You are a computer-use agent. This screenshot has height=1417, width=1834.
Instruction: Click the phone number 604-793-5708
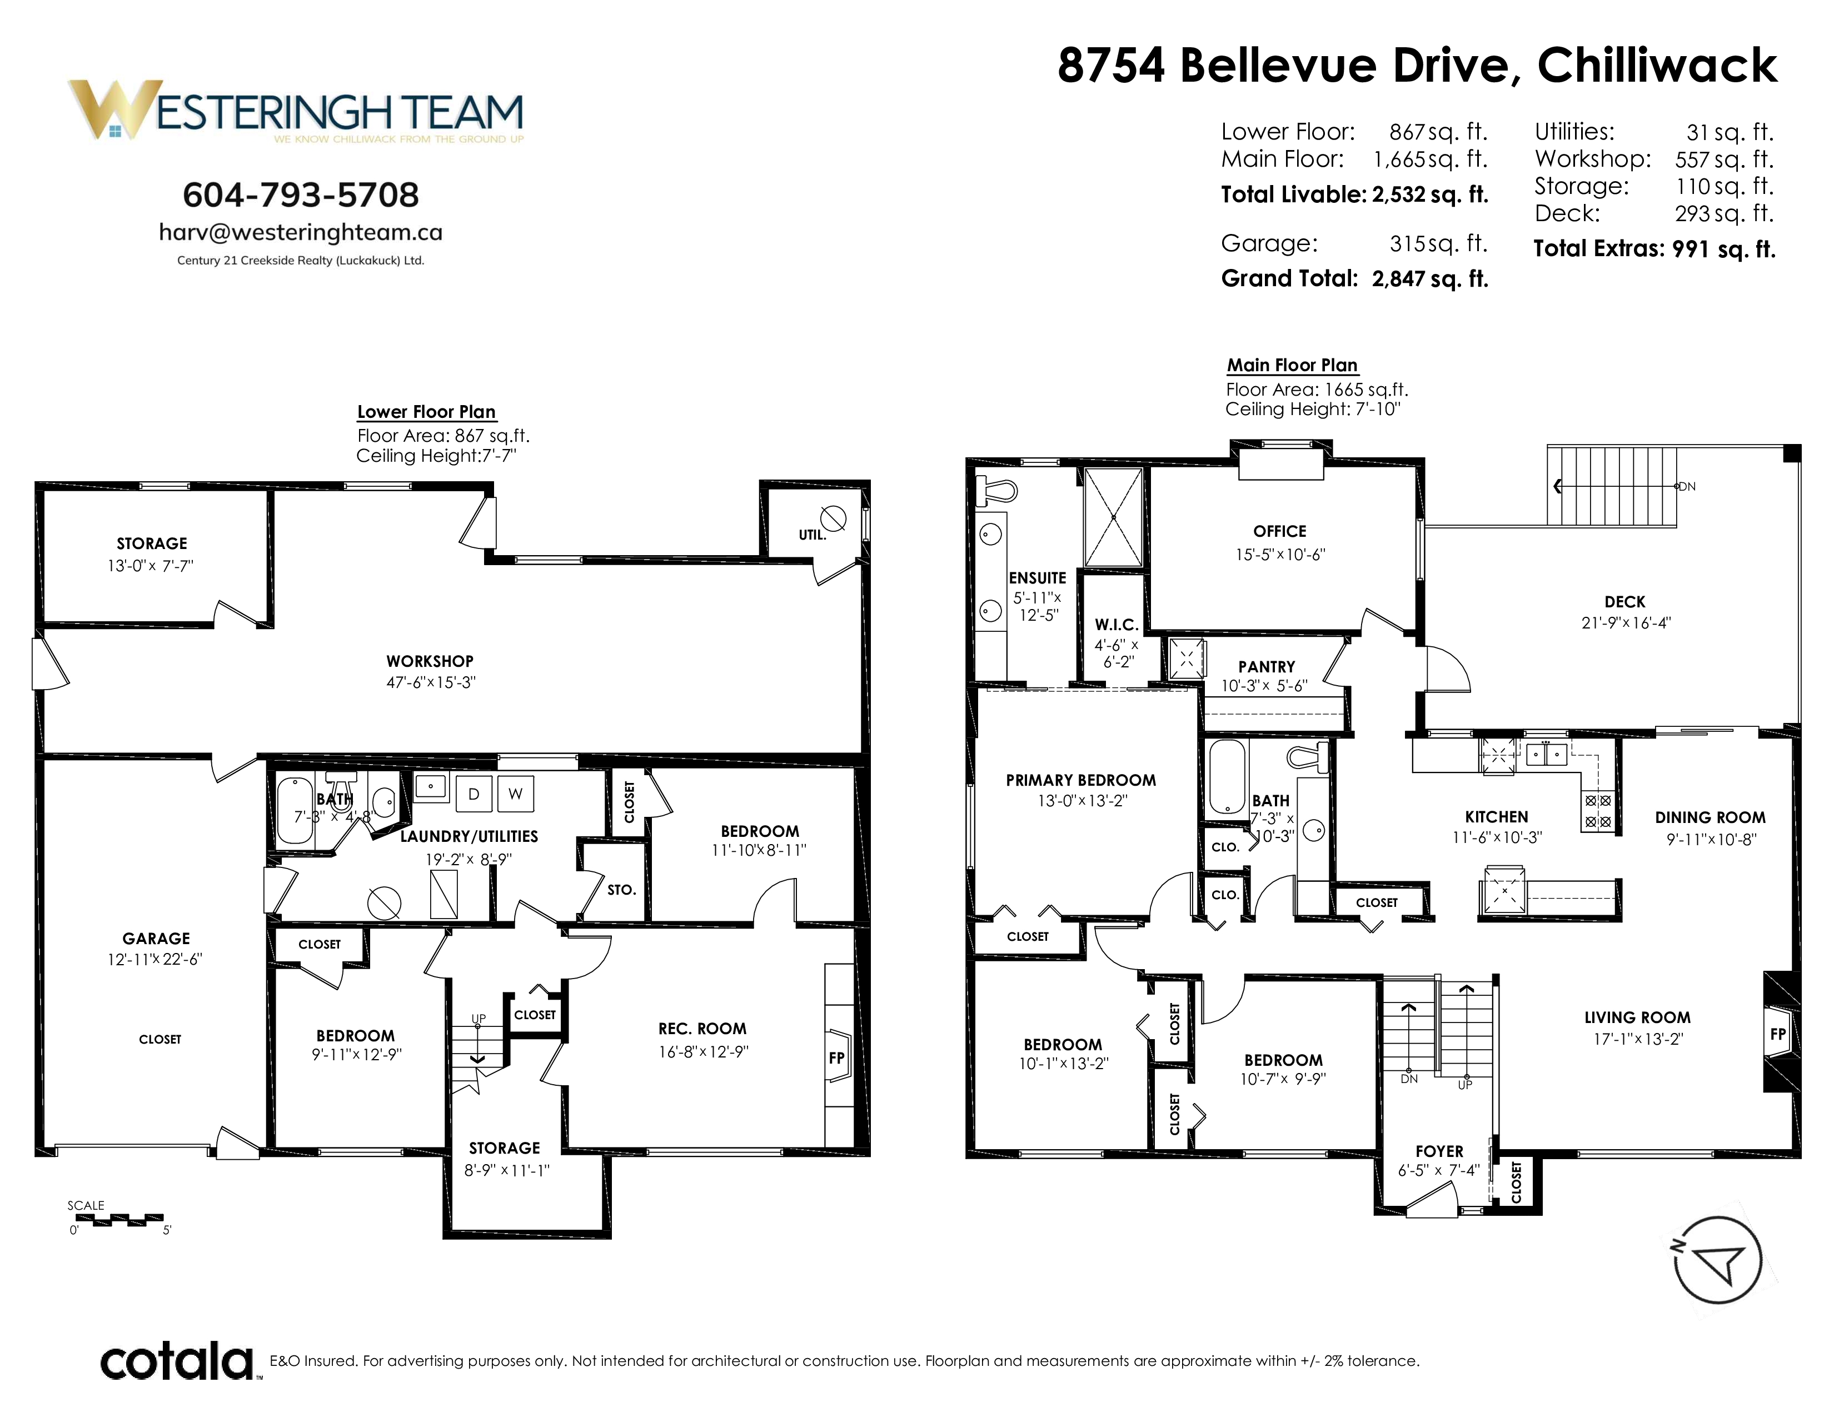point(301,194)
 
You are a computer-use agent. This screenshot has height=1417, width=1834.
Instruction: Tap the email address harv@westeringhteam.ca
point(301,232)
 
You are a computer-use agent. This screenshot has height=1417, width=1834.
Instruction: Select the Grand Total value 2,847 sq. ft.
point(1430,279)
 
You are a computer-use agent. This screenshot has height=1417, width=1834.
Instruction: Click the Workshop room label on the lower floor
point(430,661)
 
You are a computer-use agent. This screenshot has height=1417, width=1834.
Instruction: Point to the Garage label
point(156,939)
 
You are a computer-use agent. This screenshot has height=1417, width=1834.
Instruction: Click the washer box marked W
point(516,794)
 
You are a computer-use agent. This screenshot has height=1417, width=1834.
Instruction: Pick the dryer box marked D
point(474,794)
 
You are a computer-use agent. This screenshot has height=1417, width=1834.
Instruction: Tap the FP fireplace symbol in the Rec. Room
point(837,1057)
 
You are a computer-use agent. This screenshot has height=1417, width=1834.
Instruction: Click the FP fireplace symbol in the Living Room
point(1778,1034)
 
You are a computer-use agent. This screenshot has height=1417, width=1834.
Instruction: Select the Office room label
point(1280,531)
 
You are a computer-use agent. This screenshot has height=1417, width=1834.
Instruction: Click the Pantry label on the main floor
point(1267,666)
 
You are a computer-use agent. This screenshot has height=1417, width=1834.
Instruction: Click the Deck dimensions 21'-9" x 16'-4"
point(1626,623)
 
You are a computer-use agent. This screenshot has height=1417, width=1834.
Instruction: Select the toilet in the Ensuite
point(997,491)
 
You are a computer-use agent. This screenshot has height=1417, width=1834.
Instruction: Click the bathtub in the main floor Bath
point(1227,776)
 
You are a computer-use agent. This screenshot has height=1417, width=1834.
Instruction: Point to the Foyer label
point(1439,1151)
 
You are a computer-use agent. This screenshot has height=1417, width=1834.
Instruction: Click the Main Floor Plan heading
point(1292,365)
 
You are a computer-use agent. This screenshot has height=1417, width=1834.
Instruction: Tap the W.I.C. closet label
point(1117,625)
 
